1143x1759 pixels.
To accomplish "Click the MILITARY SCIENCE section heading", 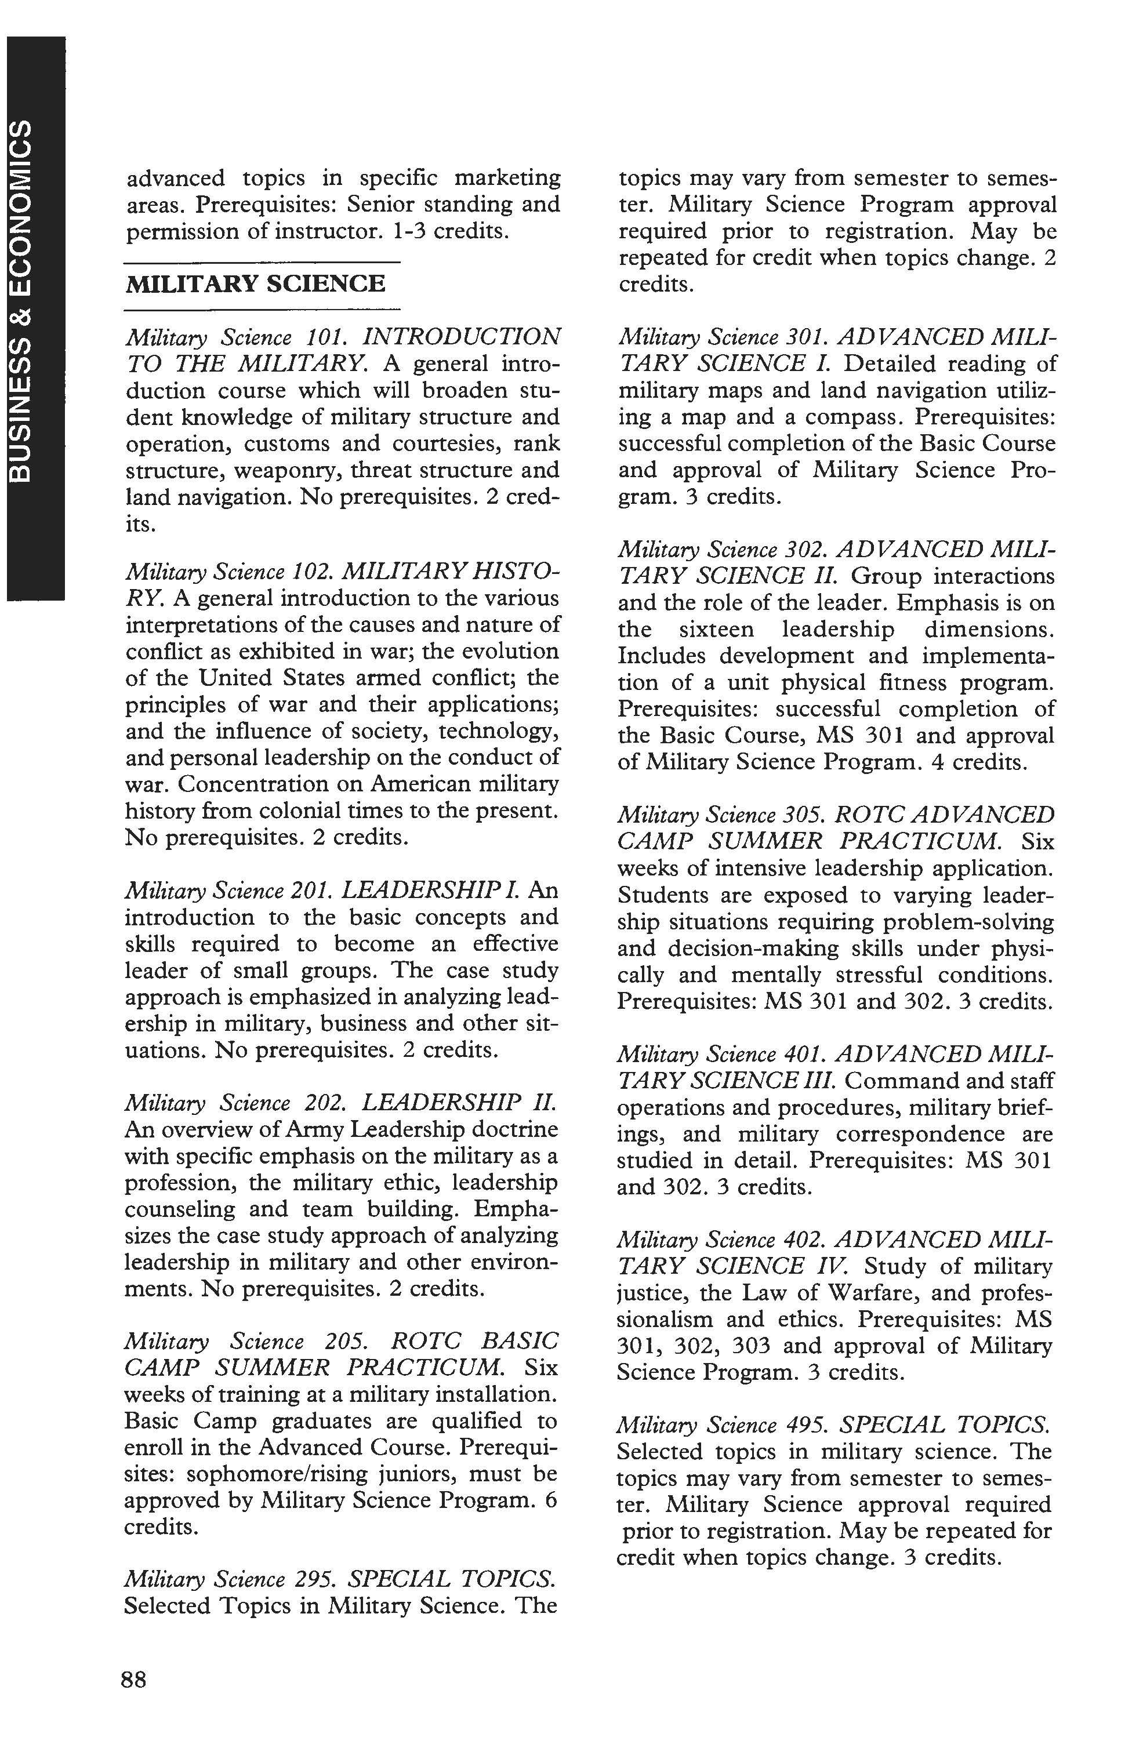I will (x=256, y=284).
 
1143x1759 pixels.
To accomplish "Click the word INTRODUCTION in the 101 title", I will (x=462, y=338).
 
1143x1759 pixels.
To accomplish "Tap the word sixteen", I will (x=716, y=630).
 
